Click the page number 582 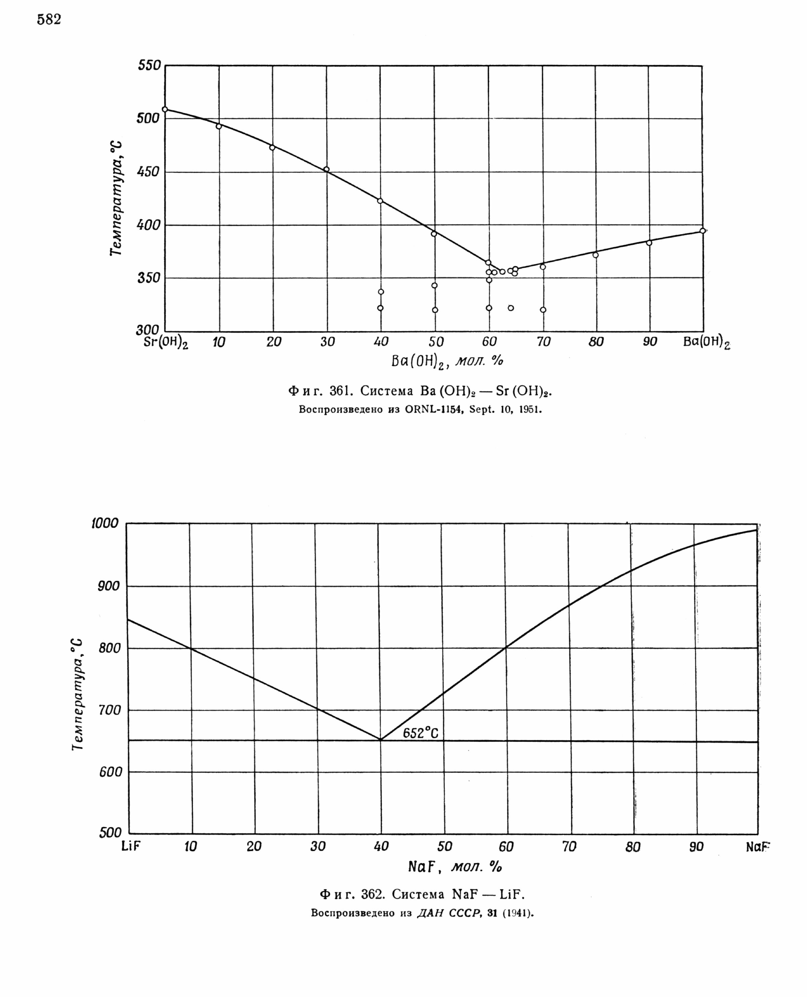pos(49,19)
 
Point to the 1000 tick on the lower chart pos(105,523)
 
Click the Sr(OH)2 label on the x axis pos(165,342)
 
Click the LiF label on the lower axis pos(130,846)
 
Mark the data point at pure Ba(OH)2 pos(702,231)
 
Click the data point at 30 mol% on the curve pos(326,169)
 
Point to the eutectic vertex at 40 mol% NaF pos(381,739)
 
